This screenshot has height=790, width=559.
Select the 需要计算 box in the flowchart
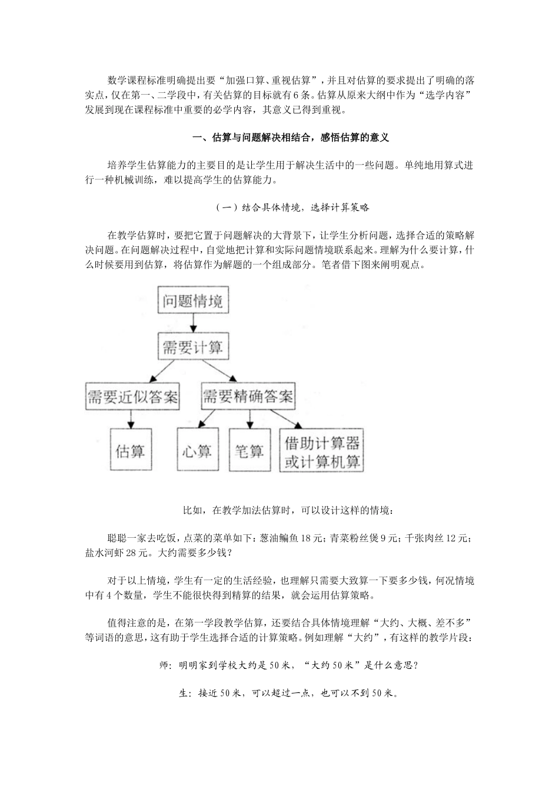click(x=193, y=346)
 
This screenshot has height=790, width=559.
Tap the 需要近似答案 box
click(x=132, y=397)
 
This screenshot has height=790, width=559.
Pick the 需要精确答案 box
click(x=248, y=397)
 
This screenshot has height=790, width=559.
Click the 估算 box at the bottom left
click(x=131, y=451)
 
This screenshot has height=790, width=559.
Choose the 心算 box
click(x=198, y=451)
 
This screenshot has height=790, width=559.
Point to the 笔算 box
click(x=249, y=451)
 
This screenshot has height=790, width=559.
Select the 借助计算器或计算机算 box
click(x=322, y=451)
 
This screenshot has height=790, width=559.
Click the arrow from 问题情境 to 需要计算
click(x=193, y=324)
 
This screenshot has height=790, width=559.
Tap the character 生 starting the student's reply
click(x=183, y=694)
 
